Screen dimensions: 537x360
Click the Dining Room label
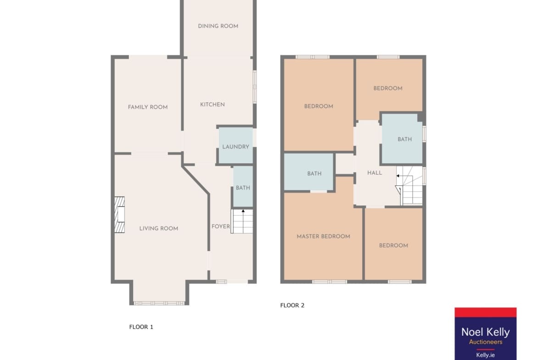click(218, 26)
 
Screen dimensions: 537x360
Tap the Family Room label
click(148, 107)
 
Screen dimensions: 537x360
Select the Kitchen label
click(213, 105)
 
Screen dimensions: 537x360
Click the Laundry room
click(235, 145)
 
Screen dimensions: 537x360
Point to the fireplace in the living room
click(119, 215)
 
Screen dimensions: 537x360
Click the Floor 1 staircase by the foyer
click(242, 222)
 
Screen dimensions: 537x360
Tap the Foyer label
click(221, 226)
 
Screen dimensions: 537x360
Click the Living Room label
click(158, 228)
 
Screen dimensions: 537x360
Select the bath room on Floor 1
click(243, 187)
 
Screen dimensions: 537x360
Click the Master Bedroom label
click(323, 236)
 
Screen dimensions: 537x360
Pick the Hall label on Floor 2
click(375, 173)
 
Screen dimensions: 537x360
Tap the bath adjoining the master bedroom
click(308, 172)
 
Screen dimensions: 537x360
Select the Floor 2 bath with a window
click(402, 138)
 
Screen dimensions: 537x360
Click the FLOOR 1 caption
click(141, 327)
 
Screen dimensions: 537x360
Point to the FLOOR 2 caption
click(292, 305)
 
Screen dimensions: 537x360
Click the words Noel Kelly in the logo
click(485, 332)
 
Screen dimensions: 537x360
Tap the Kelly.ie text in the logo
click(485, 355)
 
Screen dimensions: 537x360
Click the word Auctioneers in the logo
click(485, 342)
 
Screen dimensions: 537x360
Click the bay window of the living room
click(159, 303)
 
